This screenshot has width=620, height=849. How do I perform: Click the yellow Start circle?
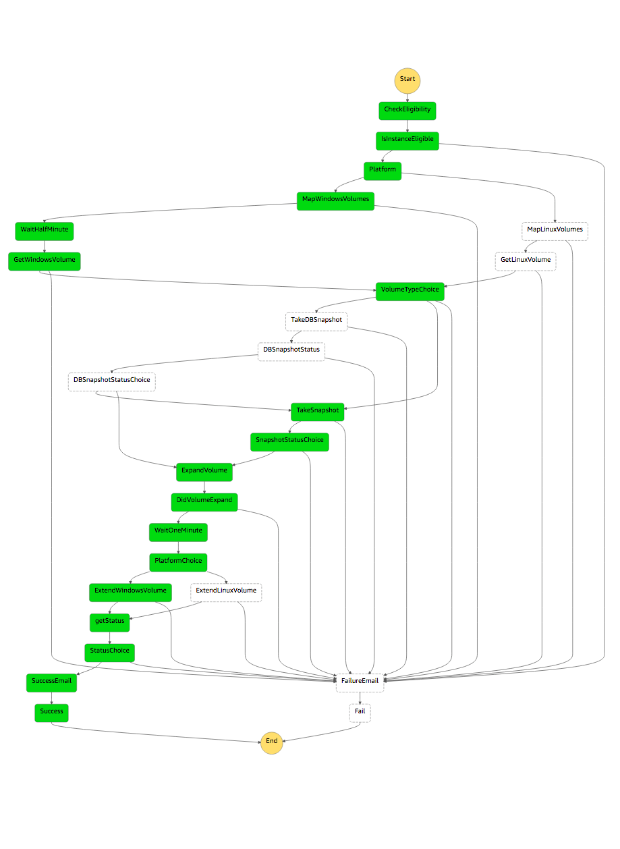tap(407, 80)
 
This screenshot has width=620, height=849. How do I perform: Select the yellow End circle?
tap(272, 741)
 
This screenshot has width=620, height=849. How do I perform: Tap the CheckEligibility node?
tap(407, 110)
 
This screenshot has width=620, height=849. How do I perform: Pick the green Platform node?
tap(383, 170)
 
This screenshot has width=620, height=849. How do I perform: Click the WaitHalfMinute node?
tap(44, 230)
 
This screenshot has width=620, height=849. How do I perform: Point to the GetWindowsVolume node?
tap(45, 261)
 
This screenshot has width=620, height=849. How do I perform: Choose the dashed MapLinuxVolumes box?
tap(555, 230)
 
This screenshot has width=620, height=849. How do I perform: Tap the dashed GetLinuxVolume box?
tap(526, 261)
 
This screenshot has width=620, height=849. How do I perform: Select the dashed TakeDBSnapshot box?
tap(316, 321)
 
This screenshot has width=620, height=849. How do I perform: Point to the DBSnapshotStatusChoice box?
tap(112, 381)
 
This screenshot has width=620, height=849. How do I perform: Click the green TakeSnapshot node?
tap(318, 411)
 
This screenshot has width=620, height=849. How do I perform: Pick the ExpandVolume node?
tap(204, 471)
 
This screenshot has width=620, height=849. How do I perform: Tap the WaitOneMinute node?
tap(178, 531)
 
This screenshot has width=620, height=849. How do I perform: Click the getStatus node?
tap(110, 622)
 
